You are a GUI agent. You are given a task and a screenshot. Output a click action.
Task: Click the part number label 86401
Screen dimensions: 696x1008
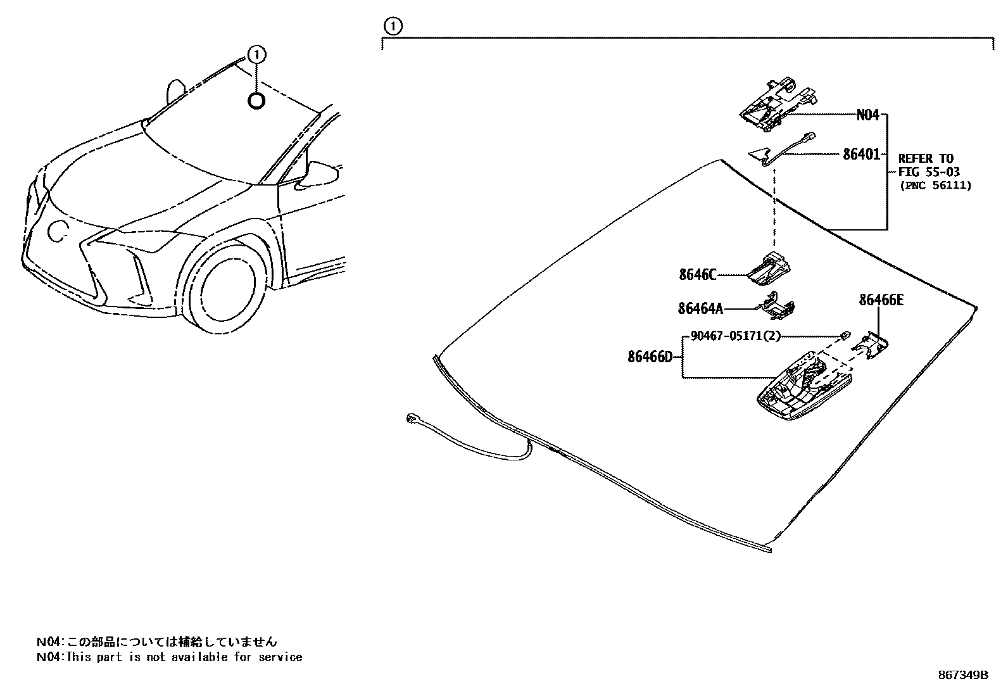(x=861, y=153)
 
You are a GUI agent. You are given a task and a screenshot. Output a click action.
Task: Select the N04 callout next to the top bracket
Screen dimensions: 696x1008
(x=867, y=115)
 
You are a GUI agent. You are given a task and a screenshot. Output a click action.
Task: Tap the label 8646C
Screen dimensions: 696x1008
(x=698, y=275)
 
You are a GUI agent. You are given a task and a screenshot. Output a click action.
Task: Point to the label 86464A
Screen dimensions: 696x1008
(x=700, y=308)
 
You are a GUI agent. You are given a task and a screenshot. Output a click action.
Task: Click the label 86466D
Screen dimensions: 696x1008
(x=650, y=357)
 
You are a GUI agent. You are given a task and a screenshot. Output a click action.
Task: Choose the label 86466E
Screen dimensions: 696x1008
(x=881, y=300)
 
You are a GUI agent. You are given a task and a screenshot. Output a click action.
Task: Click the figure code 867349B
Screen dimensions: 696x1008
(x=962, y=675)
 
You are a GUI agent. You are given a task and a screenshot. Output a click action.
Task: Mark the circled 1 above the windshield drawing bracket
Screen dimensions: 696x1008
(x=393, y=27)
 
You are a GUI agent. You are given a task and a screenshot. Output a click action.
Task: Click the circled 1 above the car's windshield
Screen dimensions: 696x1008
(x=256, y=56)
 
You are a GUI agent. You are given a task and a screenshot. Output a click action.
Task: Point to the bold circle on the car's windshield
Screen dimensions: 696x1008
(x=256, y=100)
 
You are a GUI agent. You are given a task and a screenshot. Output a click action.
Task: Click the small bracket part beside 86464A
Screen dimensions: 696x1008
(x=778, y=305)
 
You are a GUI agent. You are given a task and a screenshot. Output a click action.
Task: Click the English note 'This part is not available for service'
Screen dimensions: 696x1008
(x=184, y=657)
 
